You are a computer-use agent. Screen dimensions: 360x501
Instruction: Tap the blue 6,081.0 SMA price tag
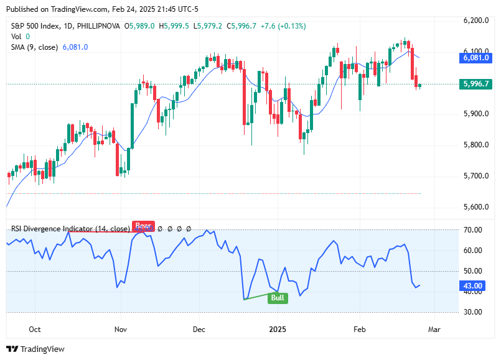[x=476, y=58]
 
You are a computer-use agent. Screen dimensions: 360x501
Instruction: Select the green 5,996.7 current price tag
[x=476, y=84]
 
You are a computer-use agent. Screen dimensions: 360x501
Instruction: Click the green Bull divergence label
[x=278, y=298]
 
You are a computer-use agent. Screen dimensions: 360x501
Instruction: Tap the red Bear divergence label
[x=143, y=226]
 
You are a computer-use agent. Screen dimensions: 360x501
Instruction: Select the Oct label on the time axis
[x=35, y=328]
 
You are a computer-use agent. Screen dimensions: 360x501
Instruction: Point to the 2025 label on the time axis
[x=278, y=328]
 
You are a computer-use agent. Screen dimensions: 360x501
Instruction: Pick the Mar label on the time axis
[x=434, y=328]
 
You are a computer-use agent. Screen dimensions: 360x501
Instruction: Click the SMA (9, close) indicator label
[x=35, y=47]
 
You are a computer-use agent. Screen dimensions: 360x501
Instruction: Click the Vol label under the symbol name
[x=17, y=37]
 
